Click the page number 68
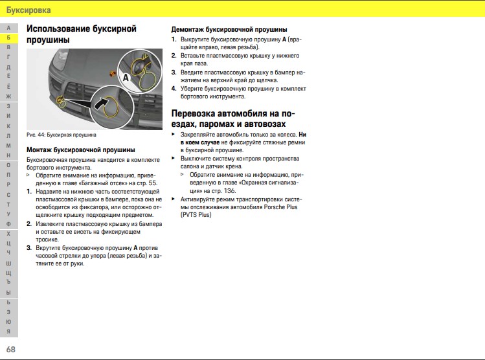coord(11,350)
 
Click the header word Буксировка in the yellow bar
coord(28,9)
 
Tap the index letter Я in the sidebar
coord(8,332)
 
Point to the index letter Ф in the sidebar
coord(8,223)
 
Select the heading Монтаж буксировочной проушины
coord(80,150)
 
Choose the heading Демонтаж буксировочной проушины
coord(229,30)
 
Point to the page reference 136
coord(230,191)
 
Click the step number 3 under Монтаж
coord(29,248)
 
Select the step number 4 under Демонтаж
coord(174,88)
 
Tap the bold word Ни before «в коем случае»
coord(302,134)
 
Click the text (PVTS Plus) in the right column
coord(196,214)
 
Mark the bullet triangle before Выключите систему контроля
coord(174,158)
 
